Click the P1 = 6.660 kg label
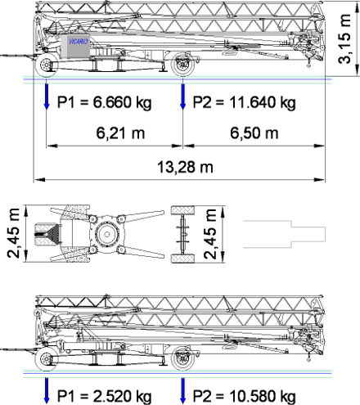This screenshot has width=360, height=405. point(104,103)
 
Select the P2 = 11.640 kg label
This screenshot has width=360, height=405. point(244,103)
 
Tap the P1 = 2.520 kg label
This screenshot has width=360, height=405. point(104,396)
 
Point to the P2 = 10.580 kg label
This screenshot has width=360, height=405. point(244,396)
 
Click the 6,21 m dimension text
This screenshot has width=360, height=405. point(120,133)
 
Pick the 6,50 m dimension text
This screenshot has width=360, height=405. point(254,133)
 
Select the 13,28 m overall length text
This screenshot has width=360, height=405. point(185,167)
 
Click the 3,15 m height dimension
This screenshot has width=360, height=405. point(344,38)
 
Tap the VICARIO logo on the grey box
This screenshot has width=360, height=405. point(79,42)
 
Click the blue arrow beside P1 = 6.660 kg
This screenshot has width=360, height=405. point(47,97)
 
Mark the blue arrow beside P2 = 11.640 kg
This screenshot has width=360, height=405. point(182,97)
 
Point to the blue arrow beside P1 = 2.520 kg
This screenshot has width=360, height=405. point(47,390)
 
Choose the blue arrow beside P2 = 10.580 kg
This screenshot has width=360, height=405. point(182,390)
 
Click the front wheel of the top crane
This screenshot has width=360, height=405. point(47,65)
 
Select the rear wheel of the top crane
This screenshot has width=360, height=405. point(183,65)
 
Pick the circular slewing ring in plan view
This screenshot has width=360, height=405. point(107,234)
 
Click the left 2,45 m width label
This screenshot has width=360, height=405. point(14,233)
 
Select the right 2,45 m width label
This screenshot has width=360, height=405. point(210,234)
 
